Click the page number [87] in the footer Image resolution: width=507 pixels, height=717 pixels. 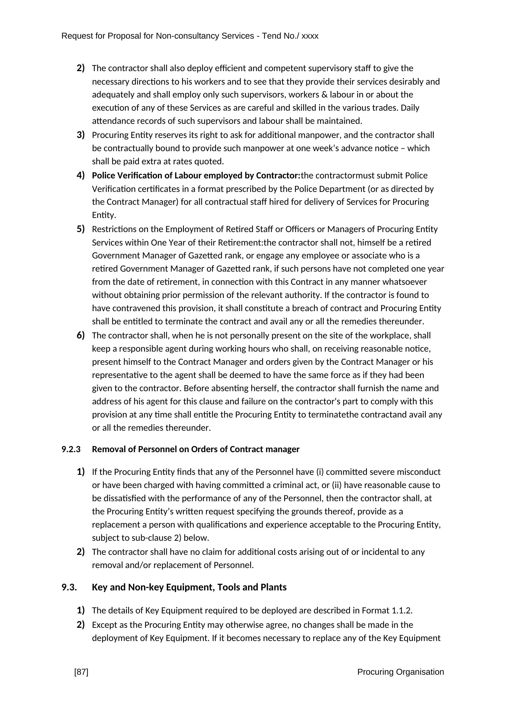81,672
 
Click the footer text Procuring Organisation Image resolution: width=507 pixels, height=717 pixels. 400,672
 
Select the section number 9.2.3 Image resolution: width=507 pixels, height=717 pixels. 71,449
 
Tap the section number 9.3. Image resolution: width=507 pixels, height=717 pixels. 69,587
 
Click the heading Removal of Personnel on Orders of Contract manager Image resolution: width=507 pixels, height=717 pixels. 196,449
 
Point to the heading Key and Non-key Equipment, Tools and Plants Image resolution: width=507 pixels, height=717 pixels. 189,587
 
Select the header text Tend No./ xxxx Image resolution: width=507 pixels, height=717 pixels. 290,36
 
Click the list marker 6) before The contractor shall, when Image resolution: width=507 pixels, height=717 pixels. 81,335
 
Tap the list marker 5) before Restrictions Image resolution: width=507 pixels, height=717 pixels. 81,229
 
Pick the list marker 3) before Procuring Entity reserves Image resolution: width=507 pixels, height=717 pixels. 81,135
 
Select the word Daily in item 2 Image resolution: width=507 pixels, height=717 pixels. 410,108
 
